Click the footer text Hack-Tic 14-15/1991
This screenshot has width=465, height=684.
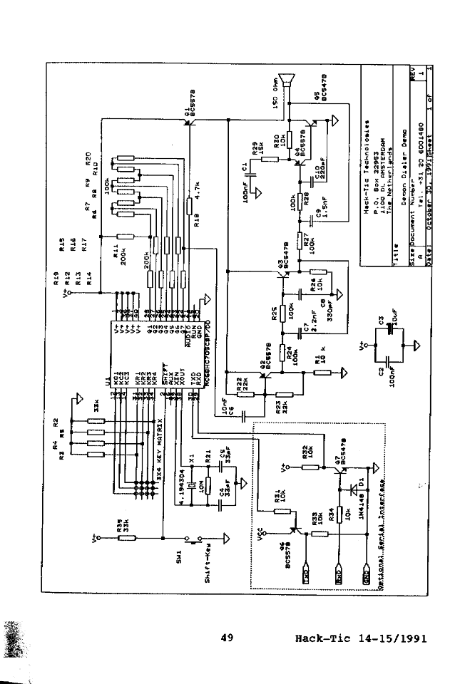[x=360, y=638]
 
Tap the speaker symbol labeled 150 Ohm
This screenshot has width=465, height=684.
[x=289, y=83]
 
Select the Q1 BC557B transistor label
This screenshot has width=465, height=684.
[x=189, y=104]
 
